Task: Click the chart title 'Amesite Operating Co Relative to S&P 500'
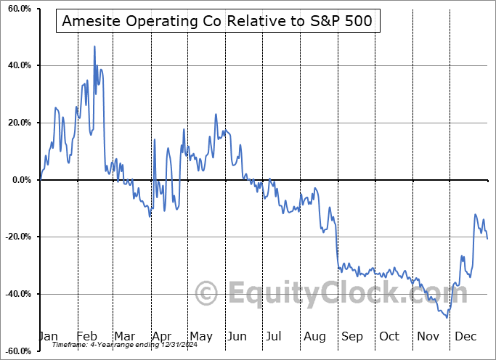(x=216, y=21)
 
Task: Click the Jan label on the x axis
(x=49, y=337)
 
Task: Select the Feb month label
(x=86, y=337)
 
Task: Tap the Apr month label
(x=160, y=337)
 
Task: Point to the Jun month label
(x=235, y=337)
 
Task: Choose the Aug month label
(x=314, y=337)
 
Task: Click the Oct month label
(x=389, y=337)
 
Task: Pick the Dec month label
(x=465, y=337)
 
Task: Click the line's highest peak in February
(x=94, y=46)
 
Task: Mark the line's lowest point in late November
(x=447, y=317)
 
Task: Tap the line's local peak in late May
(x=216, y=114)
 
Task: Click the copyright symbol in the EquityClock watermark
(x=207, y=294)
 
